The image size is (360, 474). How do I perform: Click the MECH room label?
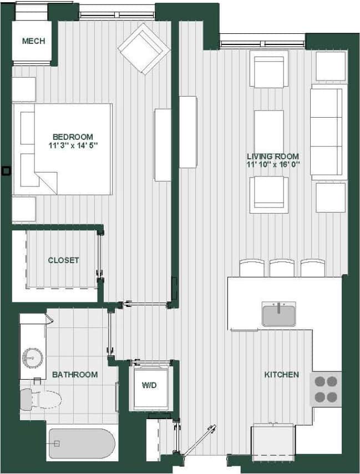tap(33, 41)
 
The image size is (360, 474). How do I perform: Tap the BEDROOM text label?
tap(73, 137)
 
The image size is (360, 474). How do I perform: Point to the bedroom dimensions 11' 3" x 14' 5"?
tap(73, 147)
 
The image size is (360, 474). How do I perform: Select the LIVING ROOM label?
tap(273, 157)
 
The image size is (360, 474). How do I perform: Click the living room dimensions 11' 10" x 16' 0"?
tap(273, 165)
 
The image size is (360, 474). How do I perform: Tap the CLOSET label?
tap(63, 260)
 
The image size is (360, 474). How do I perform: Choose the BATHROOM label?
tap(74, 375)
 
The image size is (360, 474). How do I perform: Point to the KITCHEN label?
tap(281, 375)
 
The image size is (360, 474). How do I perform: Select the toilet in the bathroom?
tap(40, 399)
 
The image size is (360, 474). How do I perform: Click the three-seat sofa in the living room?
tap(327, 131)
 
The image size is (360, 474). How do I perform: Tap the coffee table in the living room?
tap(269, 132)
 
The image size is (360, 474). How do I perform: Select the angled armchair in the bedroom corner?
tap(144, 48)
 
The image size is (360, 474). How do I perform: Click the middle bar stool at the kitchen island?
tap(282, 268)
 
